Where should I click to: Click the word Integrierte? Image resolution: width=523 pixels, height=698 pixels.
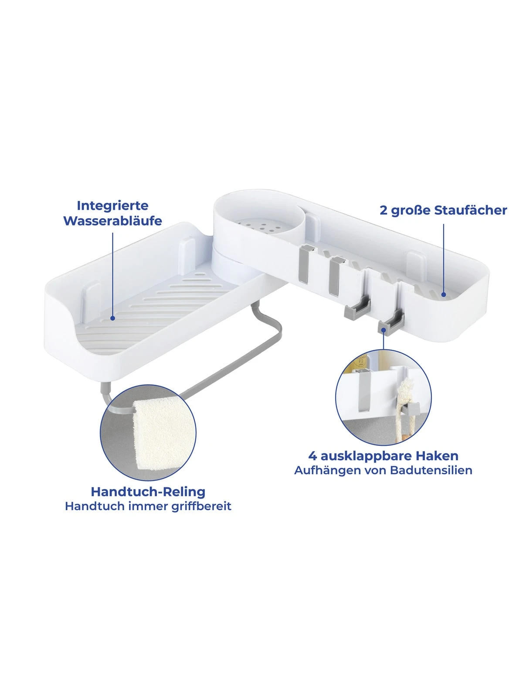coord(112,206)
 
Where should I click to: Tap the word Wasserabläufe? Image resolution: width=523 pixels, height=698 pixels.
coord(113,221)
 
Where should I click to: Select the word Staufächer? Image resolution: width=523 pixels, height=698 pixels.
coord(471,210)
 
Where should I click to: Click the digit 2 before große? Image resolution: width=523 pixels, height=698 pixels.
coord(384,211)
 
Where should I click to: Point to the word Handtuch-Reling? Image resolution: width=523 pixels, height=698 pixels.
coord(148,492)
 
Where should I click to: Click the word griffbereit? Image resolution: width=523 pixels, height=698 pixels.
coord(201,506)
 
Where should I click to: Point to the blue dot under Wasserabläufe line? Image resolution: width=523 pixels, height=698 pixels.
coord(112,318)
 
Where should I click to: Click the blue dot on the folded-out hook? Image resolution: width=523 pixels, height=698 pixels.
coord(384,330)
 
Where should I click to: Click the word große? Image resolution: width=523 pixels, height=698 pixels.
coord(411,211)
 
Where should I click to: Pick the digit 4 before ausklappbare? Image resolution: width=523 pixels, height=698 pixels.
coord(312,456)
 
